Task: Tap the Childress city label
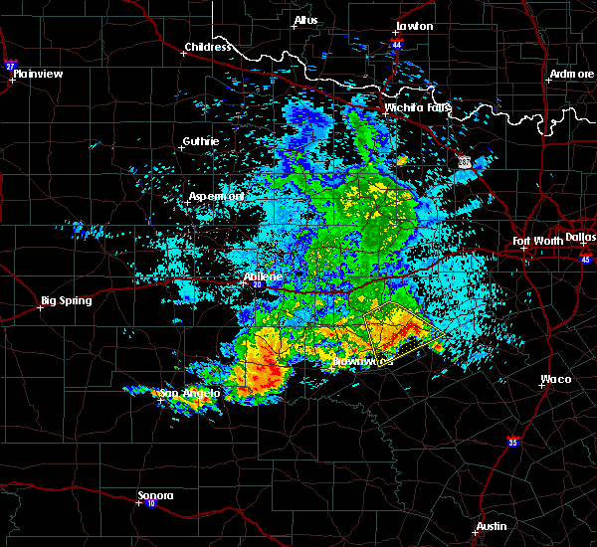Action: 206,47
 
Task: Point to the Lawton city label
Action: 414,26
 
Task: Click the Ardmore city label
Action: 571,75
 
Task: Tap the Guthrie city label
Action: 201,142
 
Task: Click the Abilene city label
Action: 264,276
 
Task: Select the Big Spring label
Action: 66,300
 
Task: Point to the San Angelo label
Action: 188,394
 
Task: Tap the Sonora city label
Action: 155,495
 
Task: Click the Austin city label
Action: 491,526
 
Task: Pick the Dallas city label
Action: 579,237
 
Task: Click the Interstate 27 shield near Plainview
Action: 9,66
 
